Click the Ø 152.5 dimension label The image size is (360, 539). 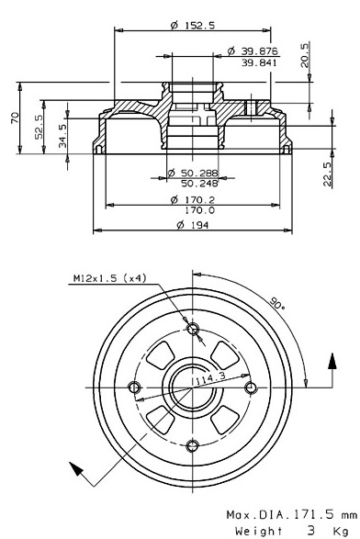[x=193, y=26]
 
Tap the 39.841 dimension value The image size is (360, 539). [x=260, y=63]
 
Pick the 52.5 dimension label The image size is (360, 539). [x=39, y=125]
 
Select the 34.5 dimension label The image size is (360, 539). [x=62, y=133]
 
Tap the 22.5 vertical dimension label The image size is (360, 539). [x=327, y=173]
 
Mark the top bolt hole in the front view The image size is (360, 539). [x=192, y=330]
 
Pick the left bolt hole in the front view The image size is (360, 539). [x=135, y=387]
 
